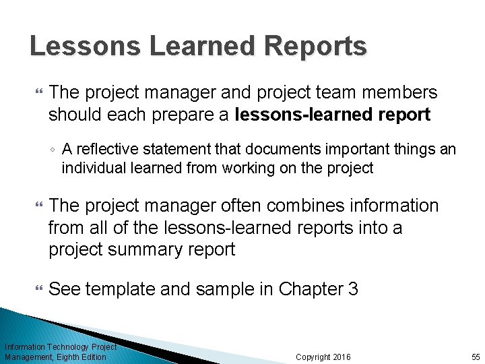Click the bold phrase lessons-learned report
click(333, 115)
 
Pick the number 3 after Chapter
click(353, 290)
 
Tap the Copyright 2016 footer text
click(323, 357)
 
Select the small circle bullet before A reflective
click(53, 150)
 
